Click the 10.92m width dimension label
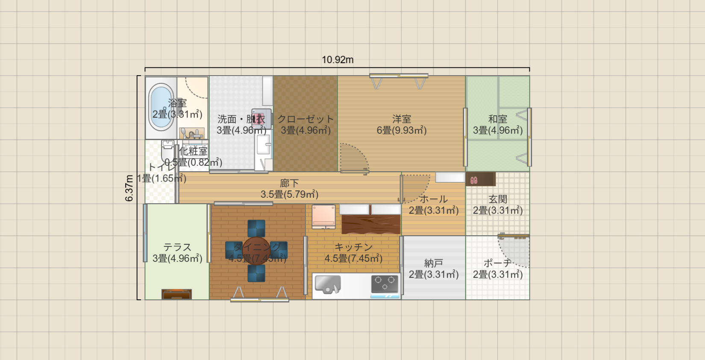point(338,60)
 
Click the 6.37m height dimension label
point(129,188)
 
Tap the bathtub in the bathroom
point(161,107)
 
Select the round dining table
point(256,251)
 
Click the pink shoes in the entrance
point(474,180)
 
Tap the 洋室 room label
point(402,119)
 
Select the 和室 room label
point(498,119)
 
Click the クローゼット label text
point(305,119)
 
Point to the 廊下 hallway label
point(289,184)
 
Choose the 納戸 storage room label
point(434,263)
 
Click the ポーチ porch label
point(498,263)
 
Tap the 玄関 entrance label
point(498,199)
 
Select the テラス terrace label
point(177,247)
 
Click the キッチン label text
point(353,247)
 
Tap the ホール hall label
point(434,199)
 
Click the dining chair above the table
point(256,228)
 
